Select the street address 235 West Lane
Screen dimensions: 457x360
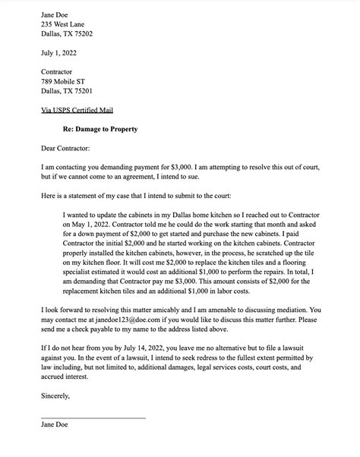coord(68,24)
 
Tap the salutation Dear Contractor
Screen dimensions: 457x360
coord(65,148)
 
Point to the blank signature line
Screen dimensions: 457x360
coord(93,438)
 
